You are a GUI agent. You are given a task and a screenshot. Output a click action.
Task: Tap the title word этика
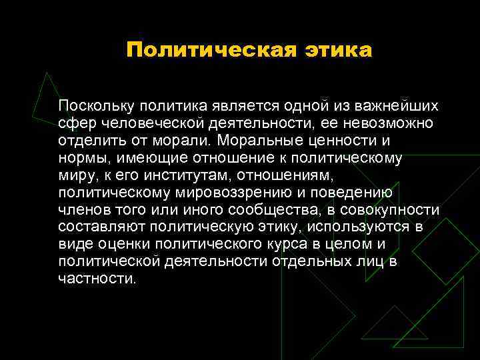tap(335, 50)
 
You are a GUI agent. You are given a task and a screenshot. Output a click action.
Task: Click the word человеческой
tap(150, 123)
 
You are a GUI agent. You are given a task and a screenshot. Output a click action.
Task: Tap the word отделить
tap(89, 141)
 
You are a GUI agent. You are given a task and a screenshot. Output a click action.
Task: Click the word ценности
tap(339, 141)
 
